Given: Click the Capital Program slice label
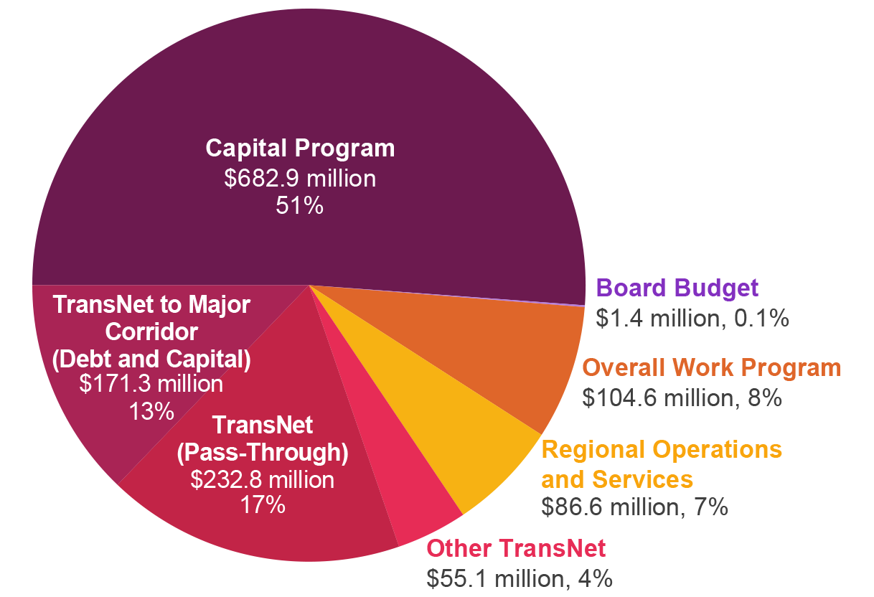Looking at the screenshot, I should tap(300, 149).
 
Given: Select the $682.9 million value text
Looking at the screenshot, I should tap(300, 178).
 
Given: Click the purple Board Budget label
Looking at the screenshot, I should tap(677, 288).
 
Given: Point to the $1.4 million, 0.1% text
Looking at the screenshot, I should tap(692, 318).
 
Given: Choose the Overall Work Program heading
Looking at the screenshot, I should tap(711, 367).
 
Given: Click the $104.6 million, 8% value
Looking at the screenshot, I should tap(682, 397).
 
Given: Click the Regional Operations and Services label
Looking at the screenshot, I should tap(661, 464).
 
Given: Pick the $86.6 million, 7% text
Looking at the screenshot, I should tap(635, 507).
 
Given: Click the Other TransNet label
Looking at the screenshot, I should tap(516, 549).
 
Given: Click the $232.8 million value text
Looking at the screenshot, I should tap(263, 479).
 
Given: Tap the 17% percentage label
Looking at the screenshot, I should tap(263, 505).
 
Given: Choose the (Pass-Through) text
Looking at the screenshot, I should tap(263, 453).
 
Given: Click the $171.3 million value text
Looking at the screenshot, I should tap(151, 384).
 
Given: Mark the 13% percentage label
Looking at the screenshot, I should tap(151, 411).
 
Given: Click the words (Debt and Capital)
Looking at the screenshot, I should tap(151, 359).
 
